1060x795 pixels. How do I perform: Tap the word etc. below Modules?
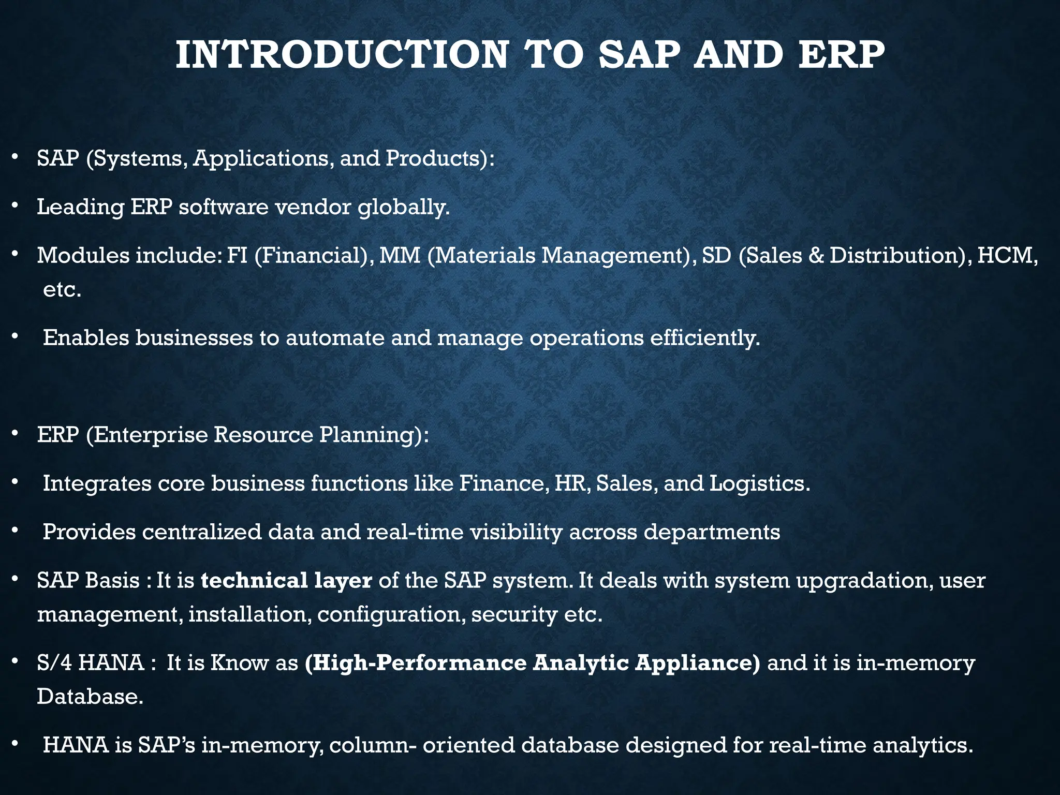[x=62, y=290]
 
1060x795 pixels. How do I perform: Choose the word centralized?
[x=202, y=532]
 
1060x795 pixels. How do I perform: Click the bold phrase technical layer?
[x=286, y=581]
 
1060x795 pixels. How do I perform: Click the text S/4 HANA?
[x=91, y=663]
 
